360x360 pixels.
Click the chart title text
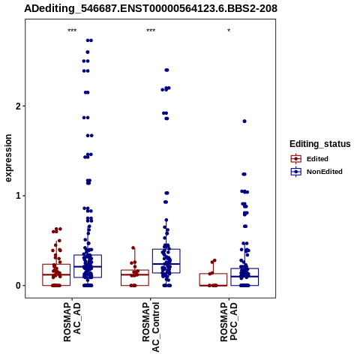[151, 8]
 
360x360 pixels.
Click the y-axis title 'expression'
[8, 158]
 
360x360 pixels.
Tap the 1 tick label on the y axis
[18, 196]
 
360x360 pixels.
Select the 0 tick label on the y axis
[18, 286]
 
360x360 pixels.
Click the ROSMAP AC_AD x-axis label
[72, 322]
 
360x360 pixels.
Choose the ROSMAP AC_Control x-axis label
[151, 327]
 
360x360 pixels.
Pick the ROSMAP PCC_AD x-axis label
[229, 322]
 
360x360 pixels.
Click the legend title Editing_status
[320, 144]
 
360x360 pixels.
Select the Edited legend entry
[310, 159]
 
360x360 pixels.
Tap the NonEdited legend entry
[316, 172]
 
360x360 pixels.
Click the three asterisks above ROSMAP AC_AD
[72, 31]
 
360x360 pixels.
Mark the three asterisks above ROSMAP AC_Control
[151, 31]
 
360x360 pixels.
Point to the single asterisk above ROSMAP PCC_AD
[229, 31]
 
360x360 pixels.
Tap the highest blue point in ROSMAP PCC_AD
[244, 121]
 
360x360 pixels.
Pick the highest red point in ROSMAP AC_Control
[133, 248]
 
